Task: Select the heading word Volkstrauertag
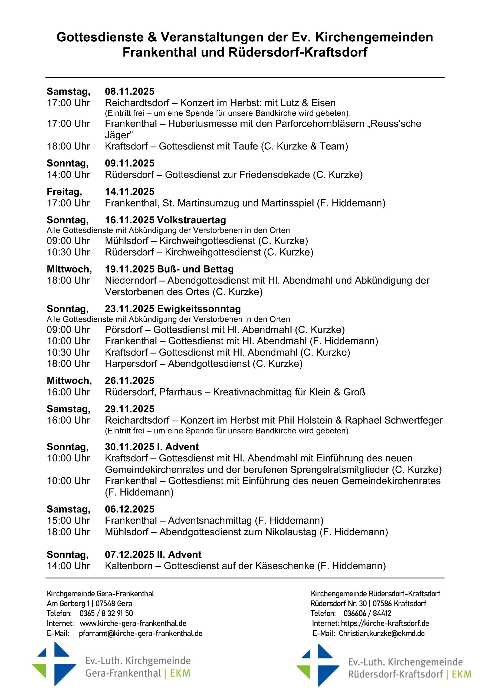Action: (x=192, y=220)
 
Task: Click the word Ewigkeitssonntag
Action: (x=199, y=309)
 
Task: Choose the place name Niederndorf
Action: (x=131, y=281)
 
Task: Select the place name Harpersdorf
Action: (x=131, y=364)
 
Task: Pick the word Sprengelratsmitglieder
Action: (x=340, y=470)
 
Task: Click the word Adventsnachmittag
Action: (x=210, y=521)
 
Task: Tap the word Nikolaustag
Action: (x=291, y=532)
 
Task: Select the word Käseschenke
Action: (x=285, y=566)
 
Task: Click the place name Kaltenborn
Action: (x=129, y=566)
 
